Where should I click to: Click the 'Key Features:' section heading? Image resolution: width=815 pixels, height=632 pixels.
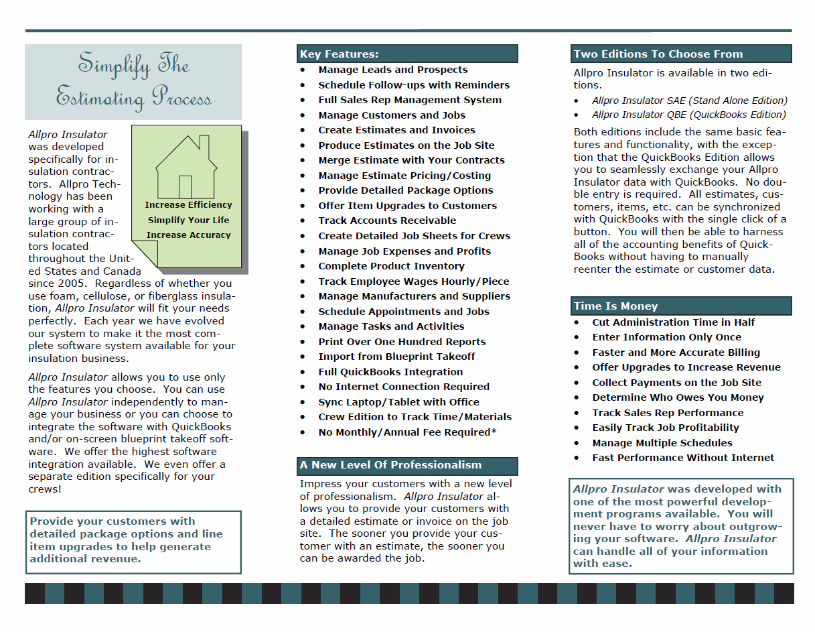[340, 54]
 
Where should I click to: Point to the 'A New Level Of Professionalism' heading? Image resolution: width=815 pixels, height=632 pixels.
[391, 465]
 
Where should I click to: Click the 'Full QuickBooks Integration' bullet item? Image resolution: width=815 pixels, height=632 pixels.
[390, 372]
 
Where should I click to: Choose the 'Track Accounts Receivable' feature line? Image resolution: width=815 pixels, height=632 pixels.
[387, 220]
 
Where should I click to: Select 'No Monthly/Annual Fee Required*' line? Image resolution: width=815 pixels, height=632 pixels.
[407, 432]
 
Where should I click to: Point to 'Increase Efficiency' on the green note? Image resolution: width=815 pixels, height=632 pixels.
[188, 205]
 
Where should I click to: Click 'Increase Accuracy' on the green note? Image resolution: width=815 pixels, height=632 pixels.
[188, 235]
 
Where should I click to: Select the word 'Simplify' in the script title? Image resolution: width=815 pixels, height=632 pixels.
[104, 65]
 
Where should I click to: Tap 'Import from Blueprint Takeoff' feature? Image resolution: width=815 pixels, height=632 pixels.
[396, 357]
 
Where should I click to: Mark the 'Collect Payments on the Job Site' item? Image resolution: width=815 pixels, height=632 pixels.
[676, 383]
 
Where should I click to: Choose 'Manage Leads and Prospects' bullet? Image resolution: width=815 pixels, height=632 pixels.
[393, 70]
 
